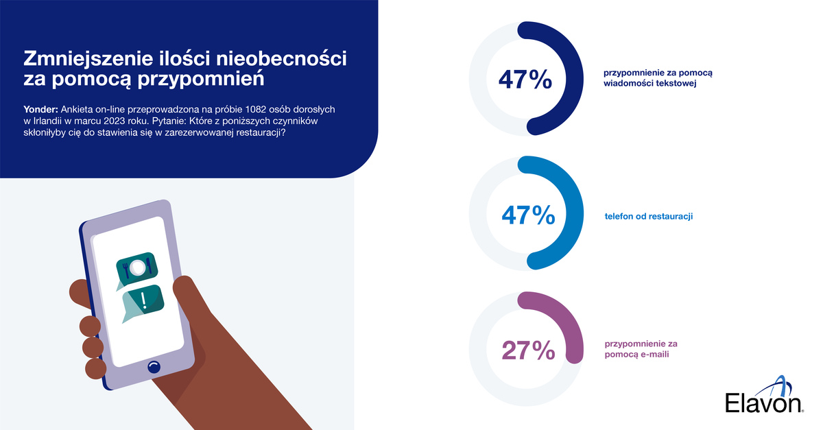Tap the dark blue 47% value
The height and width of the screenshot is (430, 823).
tap(526, 80)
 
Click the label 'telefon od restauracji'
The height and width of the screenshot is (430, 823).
tap(648, 216)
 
